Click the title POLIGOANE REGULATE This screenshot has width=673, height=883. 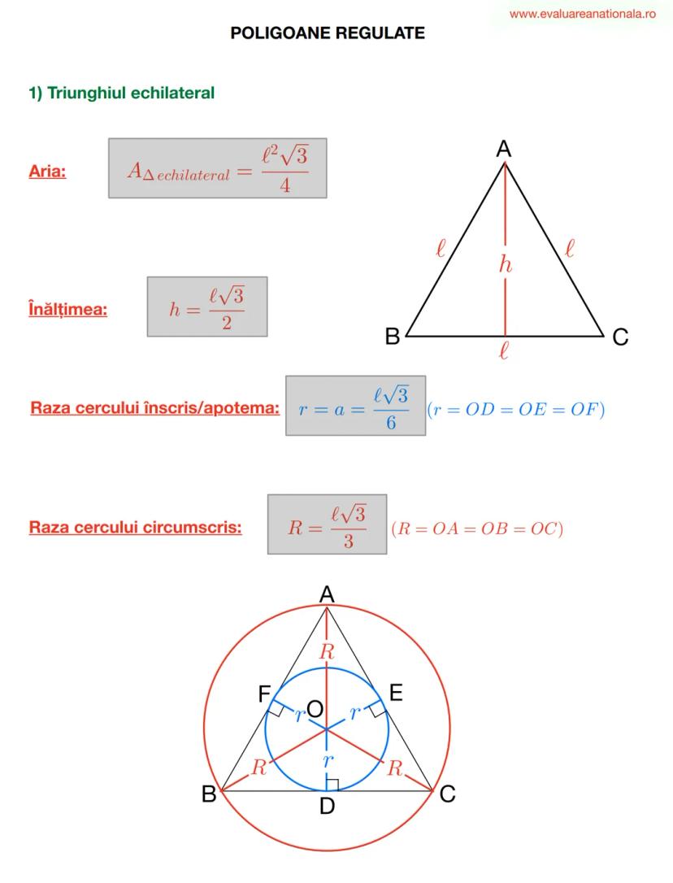(328, 33)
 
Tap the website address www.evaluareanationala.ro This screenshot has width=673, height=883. (582, 14)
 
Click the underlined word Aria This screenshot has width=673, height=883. (47, 172)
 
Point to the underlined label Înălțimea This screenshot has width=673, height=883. (67, 309)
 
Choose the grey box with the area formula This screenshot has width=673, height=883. (217, 167)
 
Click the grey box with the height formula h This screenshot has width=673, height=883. (207, 307)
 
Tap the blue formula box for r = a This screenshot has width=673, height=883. (355, 406)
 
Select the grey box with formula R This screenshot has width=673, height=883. (328, 524)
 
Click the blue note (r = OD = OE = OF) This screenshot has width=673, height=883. (516, 409)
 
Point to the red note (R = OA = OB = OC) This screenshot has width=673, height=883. (477, 528)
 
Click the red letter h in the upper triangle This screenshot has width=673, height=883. (506, 263)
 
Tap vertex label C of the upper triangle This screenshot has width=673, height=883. (620, 337)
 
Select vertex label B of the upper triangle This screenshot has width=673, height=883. (392, 336)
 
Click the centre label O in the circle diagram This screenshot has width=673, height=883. (315, 708)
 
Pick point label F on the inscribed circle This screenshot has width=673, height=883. (264, 694)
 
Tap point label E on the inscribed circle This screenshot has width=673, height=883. (396, 692)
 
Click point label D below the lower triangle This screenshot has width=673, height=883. (328, 806)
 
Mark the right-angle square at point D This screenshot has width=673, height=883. (332, 785)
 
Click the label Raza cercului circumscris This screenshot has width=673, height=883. (135, 527)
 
